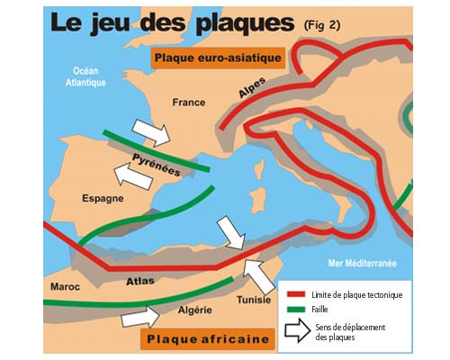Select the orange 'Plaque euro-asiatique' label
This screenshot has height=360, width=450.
click(219, 59)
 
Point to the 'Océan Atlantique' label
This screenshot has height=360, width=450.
click(90, 76)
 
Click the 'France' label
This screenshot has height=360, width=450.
click(189, 103)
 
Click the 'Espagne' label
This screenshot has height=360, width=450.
click(96, 198)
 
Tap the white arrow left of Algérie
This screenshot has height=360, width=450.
click(138, 316)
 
